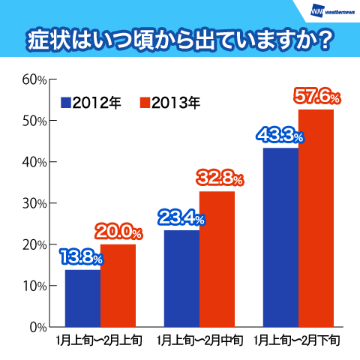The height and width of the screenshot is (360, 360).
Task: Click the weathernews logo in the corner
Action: coord(331,11)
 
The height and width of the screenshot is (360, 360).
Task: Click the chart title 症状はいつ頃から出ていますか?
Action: coord(180,38)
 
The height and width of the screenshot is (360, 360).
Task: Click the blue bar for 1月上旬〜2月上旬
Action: coord(82,298)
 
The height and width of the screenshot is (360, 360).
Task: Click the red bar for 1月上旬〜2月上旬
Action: coord(118,285)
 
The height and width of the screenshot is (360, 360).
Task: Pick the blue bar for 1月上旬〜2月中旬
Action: coord(181,278)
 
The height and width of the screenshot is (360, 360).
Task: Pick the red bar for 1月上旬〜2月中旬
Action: coord(217,259)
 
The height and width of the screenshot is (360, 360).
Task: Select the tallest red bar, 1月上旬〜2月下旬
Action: coord(315,217)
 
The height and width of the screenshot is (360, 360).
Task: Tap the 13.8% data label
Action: coord(81,257)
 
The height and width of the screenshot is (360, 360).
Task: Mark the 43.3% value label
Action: coord(279,136)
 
